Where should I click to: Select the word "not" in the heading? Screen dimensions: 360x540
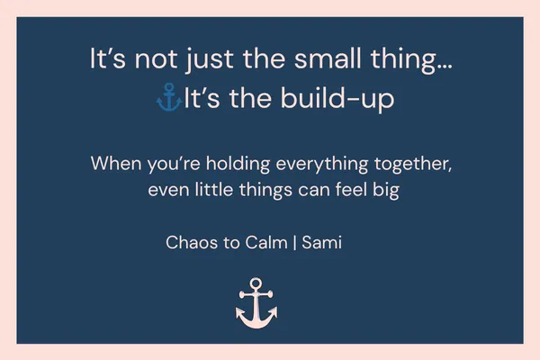click(154, 61)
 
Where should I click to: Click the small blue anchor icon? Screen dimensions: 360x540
click(168, 98)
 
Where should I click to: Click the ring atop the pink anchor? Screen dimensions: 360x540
click(256, 283)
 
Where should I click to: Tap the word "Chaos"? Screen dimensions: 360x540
click(191, 242)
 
